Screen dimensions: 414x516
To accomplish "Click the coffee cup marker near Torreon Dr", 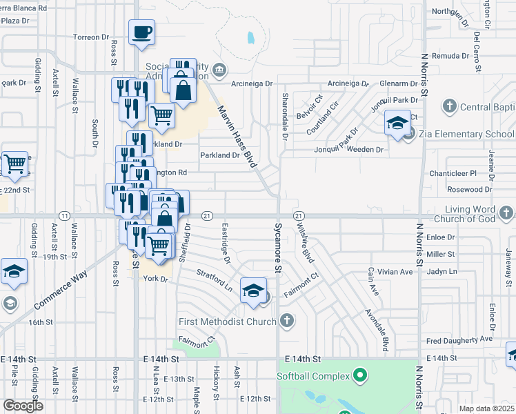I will click(141, 32).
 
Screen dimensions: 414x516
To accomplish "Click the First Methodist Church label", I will click(227, 321).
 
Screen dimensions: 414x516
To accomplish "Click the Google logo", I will click(23, 406).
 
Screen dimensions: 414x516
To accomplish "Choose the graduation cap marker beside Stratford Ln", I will click(253, 290).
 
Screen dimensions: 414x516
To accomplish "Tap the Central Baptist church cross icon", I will click(449, 106).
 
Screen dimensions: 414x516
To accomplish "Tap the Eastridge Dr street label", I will click(226, 242).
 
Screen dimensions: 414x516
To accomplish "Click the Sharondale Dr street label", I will click(284, 117).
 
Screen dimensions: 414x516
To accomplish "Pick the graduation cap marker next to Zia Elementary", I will click(397, 124).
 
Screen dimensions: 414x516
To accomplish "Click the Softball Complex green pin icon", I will click(359, 376).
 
